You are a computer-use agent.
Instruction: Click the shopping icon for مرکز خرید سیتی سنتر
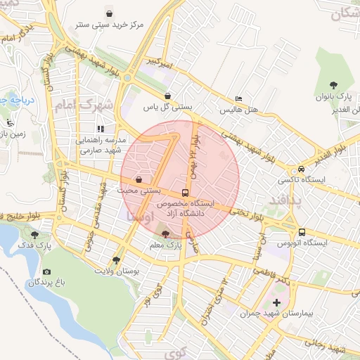point(109,13)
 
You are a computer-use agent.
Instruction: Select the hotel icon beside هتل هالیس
point(239,99)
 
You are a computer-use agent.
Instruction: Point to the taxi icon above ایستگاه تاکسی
point(301,169)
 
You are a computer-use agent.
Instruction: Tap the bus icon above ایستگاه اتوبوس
point(302,232)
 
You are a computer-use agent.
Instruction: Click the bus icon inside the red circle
point(186,192)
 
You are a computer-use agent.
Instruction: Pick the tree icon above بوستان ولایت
point(116,259)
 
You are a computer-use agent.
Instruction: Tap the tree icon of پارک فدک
point(34,234)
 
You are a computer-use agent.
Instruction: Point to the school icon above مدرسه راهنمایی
point(101,129)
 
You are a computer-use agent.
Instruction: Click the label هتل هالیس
point(239,110)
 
